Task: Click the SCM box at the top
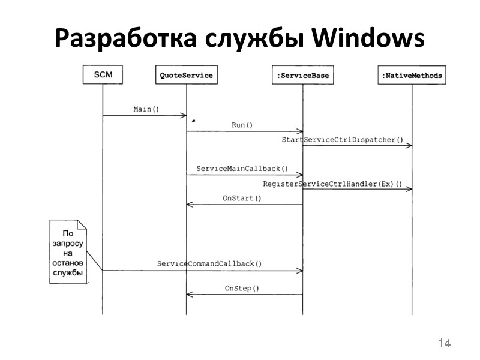(x=103, y=75)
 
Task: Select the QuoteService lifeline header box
(x=186, y=76)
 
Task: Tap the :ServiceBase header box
(x=302, y=76)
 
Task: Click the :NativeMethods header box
(x=412, y=76)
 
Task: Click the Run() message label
(x=242, y=125)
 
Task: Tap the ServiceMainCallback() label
(x=242, y=169)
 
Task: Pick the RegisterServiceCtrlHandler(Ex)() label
(x=332, y=183)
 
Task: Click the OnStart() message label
(x=242, y=198)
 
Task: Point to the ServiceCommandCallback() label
(x=209, y=263)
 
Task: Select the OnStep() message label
(x=242, y=288)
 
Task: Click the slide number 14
(x=444, y=343)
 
